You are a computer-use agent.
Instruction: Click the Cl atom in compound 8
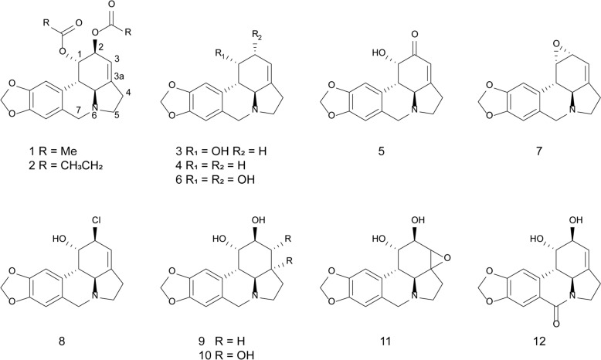point(96,220)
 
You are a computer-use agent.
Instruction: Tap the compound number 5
point(381,151)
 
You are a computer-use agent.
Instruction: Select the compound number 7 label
point(539,151)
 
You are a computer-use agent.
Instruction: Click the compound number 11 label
point(385,341)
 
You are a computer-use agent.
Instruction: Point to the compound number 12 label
point(539,341)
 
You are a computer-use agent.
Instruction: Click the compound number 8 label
point(62,341)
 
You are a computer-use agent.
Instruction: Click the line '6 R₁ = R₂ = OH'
point(215,179)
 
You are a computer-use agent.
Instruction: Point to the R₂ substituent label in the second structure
point(257,36)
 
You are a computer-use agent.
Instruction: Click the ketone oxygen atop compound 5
point(414,35)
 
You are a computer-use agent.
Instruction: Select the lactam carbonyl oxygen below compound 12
point(556,324)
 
